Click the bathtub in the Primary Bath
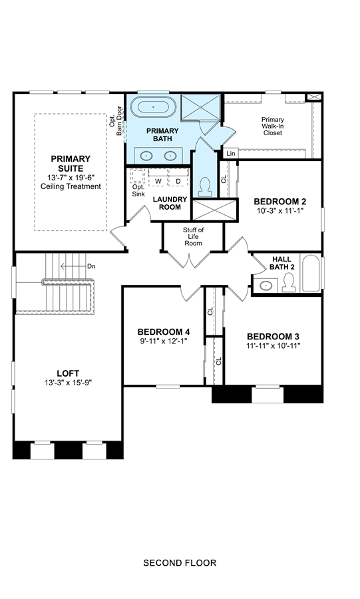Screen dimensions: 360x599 click(154, 106)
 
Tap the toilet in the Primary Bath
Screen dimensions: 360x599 click(205, 187)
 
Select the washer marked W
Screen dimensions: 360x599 click(158, 180)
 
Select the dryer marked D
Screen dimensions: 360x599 click(178, 180)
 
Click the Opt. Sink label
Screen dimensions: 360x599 click(138, 190)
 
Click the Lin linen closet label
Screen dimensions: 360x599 click(231, 154)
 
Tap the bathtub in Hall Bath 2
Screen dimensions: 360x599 click(311, 273)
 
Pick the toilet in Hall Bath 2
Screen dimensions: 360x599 click(289, 283)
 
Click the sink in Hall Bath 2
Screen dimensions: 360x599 click(266, 286)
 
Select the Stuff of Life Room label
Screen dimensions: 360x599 click(193, 236)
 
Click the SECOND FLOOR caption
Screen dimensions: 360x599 click(180, 562)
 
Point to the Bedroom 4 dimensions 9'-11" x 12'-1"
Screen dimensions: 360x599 click(164, 341)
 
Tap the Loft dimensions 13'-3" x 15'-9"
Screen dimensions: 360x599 click(68, 383)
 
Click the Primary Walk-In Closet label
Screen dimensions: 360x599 click(273, 126)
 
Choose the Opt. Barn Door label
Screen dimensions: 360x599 click(116, 120)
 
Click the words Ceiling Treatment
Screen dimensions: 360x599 click(71, 186)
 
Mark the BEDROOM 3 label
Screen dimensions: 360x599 click(273, 337)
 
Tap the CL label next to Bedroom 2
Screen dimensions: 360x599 click(224, 179)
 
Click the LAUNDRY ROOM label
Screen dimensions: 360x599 click(170, 203)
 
